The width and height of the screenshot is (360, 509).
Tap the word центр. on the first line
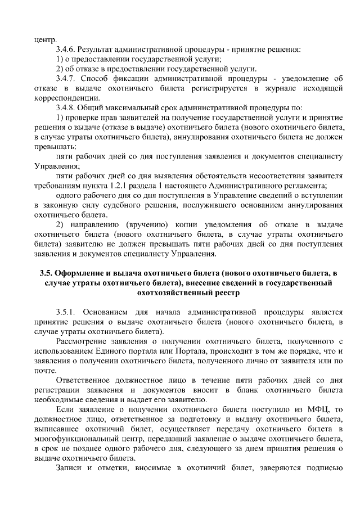click(x=46, y=39)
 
